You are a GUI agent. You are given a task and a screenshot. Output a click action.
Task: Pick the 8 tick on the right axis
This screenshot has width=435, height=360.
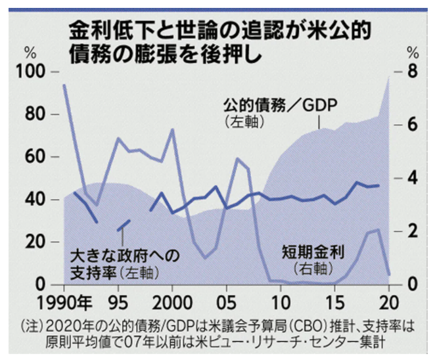click(x=412, y=72)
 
